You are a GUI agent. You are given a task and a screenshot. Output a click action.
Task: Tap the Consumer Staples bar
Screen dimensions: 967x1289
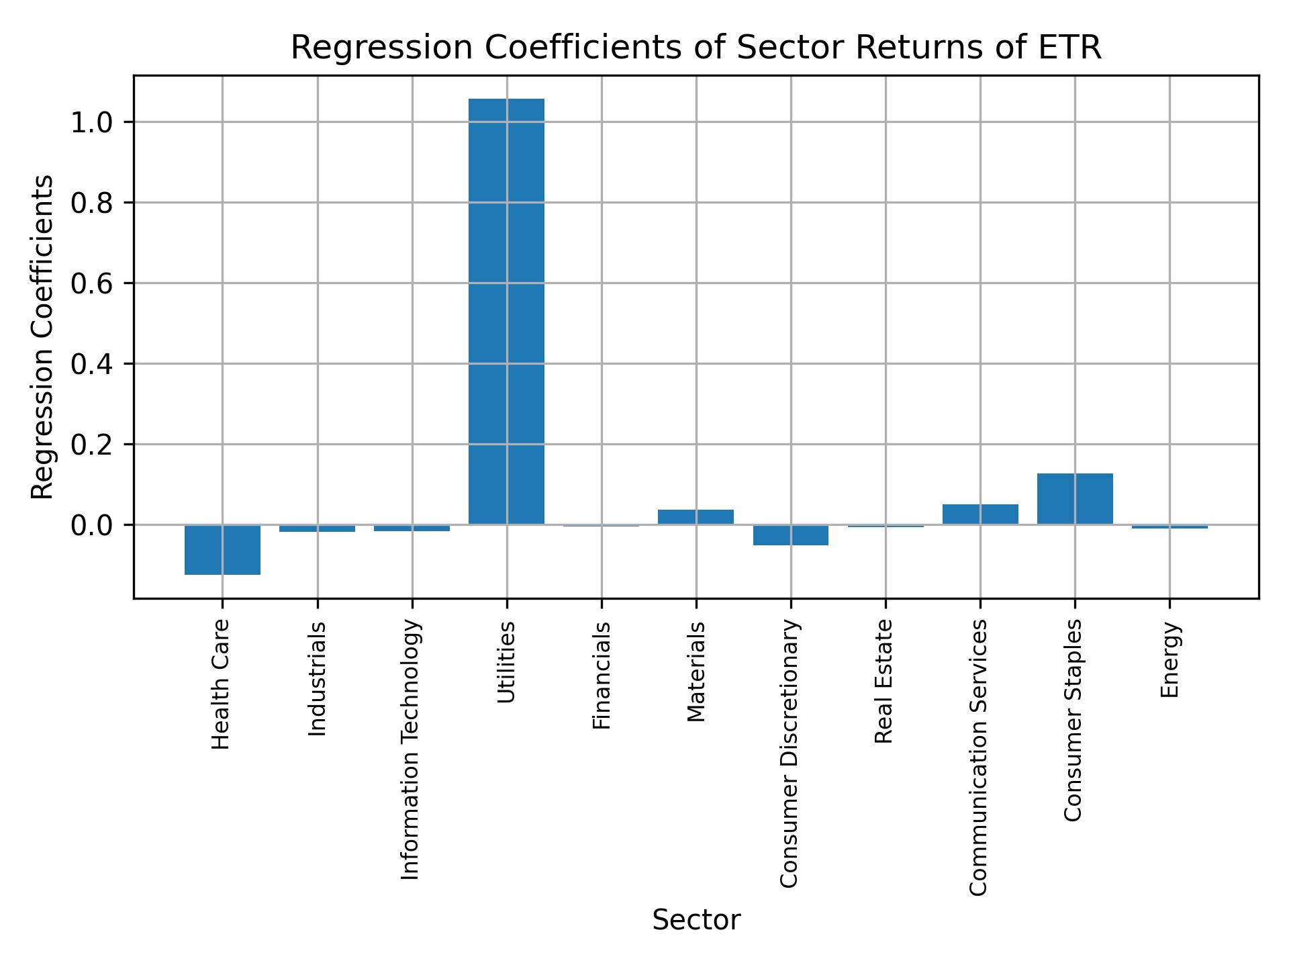click(1075, 498)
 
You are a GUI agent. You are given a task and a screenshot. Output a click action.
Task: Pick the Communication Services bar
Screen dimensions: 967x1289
click(980, 514)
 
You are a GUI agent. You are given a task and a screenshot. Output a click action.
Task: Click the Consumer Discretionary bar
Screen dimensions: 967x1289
click(790, 535)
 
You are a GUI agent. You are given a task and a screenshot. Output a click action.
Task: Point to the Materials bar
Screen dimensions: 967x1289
click(696, 516)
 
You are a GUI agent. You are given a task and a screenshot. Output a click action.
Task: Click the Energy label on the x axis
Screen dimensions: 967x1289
click(1169, 659)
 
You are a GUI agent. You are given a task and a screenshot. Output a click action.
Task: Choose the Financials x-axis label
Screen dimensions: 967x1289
click(602, 675)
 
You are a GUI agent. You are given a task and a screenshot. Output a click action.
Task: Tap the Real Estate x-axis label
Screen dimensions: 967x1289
click(885, 682)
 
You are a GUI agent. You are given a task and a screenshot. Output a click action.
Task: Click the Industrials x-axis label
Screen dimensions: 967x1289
click(317, 678)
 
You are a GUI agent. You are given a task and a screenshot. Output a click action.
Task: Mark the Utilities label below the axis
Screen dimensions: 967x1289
click(507, 662)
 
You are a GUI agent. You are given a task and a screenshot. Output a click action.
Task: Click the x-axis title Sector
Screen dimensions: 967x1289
click(696, 920)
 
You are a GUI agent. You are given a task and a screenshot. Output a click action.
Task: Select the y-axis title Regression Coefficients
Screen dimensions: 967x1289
click(43, 337)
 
